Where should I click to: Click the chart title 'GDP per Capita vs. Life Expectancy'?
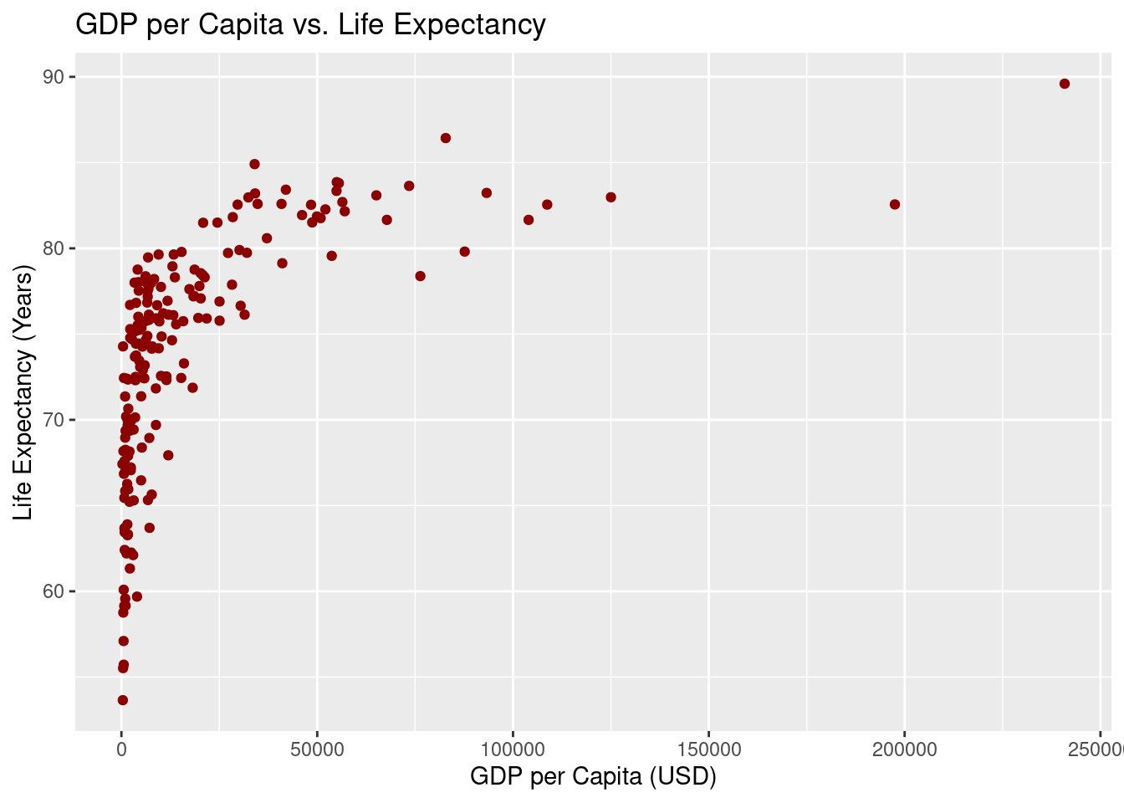[x=310, y=25]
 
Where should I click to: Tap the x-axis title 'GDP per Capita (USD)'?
[x=593, y=776]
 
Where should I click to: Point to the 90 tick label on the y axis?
[x=54, y=77]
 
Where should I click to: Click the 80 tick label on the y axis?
[x=54, y=248]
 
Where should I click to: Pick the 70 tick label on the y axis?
[x=54, y=420]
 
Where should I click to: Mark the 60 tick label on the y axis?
[x=54, y=591]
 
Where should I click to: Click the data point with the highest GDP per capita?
[x=1065, y=84]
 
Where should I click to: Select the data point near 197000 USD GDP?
[x=895, y=204]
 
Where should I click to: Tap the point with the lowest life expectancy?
[x=123, y=700]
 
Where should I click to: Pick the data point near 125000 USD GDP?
[x=611, y=197]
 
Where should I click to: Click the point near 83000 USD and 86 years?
[x=446, y=138]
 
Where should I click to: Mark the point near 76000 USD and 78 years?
[x=420, y=276]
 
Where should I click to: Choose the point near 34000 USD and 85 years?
[x=254, y=164]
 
